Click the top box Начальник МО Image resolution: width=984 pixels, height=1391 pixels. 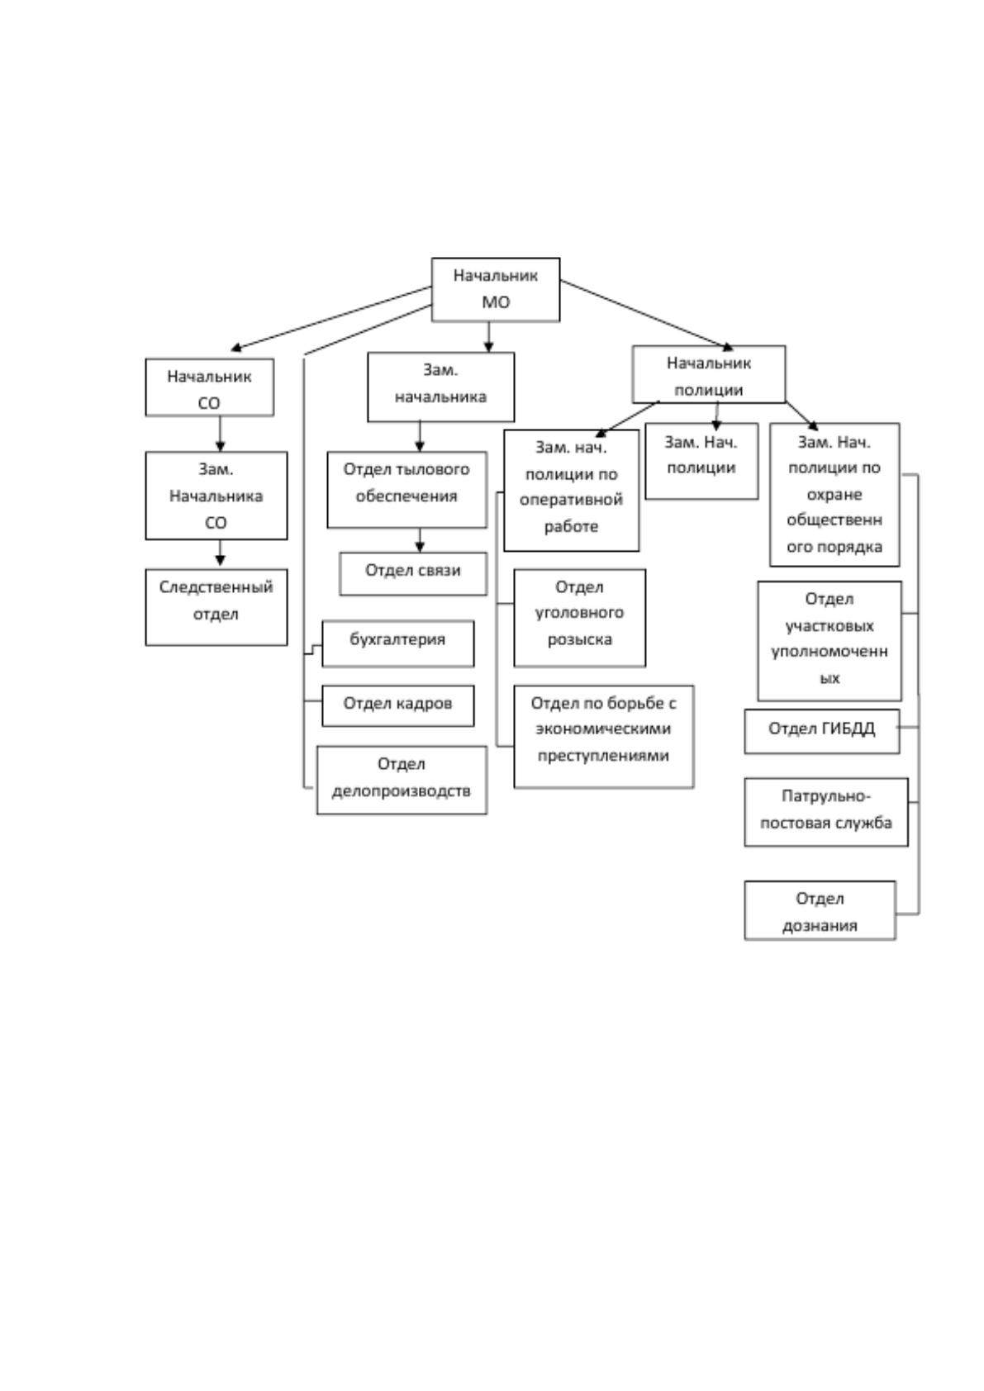495,289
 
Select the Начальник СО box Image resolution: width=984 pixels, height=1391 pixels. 209,387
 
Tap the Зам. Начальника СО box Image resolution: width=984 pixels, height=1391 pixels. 216,496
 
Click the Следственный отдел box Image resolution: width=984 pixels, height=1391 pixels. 216,607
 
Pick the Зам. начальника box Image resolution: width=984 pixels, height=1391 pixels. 440,387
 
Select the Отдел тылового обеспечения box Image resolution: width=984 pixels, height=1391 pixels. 406,490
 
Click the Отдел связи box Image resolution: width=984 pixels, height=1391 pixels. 413,573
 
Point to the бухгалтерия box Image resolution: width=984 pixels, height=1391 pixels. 397,643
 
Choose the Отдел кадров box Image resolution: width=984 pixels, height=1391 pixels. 397,705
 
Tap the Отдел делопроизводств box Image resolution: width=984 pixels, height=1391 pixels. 402,780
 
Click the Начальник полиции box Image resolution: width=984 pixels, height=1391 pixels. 709,374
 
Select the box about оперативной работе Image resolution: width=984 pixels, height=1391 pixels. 571,490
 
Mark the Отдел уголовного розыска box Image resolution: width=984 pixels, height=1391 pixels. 580,617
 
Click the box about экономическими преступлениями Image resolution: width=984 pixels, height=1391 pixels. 603,737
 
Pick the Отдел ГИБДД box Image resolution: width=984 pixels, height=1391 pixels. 822,731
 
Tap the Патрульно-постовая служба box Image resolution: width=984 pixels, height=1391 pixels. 826,812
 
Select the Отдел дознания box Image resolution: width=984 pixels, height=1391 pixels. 820,909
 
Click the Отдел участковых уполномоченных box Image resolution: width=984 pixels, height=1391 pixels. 830,641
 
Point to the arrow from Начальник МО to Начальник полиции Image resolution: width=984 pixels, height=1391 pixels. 647,315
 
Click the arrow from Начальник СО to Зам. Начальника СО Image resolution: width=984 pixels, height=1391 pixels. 220,434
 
